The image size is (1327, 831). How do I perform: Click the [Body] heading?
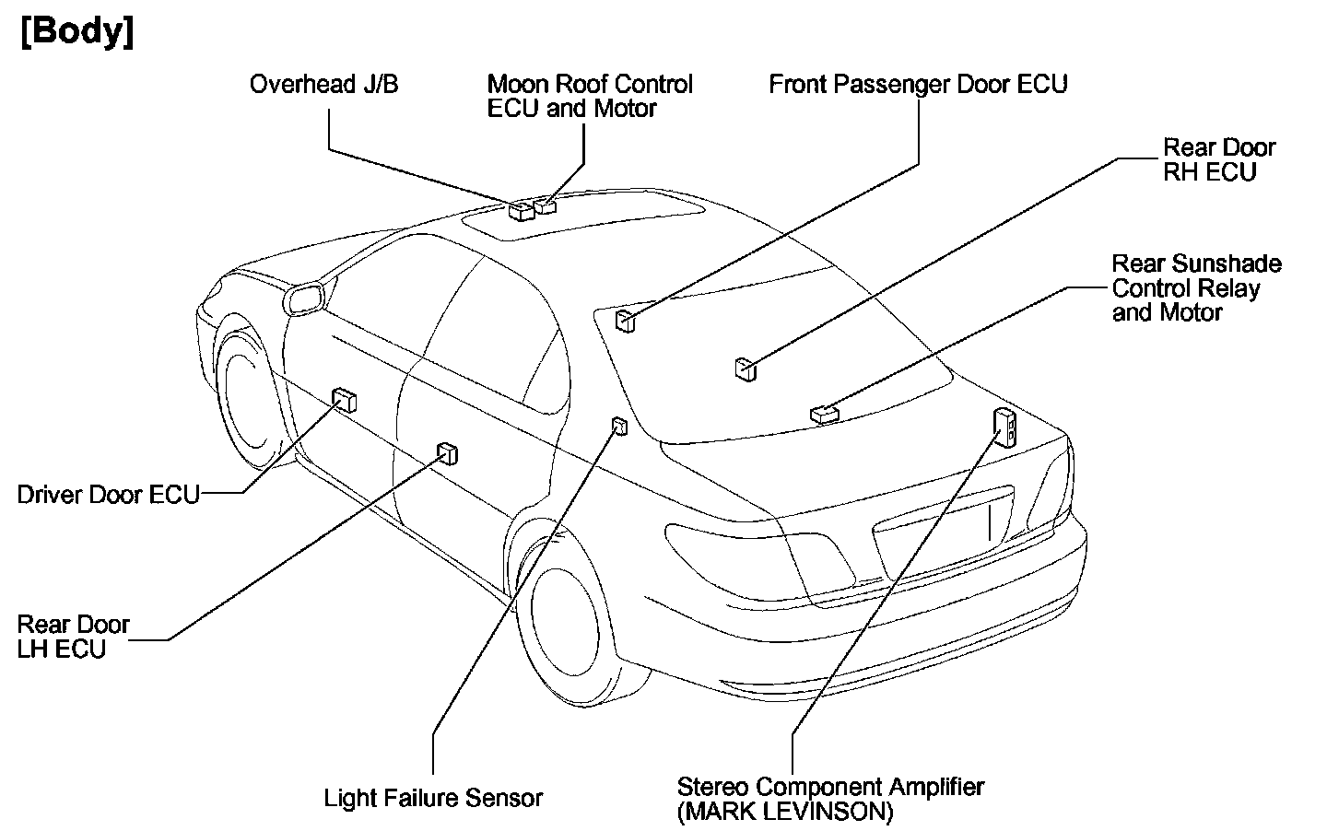(76, 32)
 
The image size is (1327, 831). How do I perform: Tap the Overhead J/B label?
(323, 85)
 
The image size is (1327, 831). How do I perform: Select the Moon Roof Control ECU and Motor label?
(590, 97)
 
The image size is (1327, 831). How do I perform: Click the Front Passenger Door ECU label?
(918, 85)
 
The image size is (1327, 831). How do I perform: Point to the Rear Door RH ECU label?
(1218, 159)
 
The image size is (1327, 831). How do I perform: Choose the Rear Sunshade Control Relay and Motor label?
(1196, 288)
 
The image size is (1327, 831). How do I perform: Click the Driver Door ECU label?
(108, 495)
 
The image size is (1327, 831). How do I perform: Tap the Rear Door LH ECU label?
(74, 637)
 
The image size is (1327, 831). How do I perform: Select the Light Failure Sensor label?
(433, 798)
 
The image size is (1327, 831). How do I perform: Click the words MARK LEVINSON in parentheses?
(785, 812)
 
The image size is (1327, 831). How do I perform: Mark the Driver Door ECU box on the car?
(345, 400)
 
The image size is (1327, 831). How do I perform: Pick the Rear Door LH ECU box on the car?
(448, 453)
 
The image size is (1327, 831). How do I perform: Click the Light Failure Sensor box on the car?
(619, 426)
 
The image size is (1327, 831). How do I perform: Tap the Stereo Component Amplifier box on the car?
(1004, 426)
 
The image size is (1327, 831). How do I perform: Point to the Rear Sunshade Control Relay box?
(824, 415)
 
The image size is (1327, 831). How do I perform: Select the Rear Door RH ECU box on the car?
(746, 369)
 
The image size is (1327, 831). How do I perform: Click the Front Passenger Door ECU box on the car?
(626, 320)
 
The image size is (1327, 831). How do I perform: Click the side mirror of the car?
(307, 299)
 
